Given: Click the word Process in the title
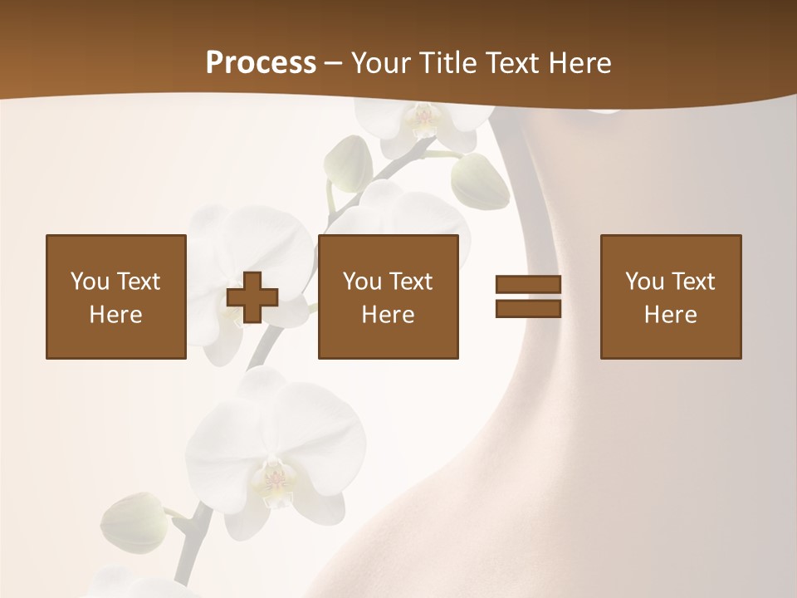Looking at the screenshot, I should point(261,63).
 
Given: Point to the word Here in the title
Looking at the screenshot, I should point(578,63).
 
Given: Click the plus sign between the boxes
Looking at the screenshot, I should point(252,297).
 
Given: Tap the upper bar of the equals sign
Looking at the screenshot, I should point(528,285).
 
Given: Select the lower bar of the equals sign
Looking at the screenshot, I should point(528,308).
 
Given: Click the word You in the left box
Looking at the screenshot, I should point(89,282).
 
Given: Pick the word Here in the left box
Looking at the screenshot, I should point(115,315).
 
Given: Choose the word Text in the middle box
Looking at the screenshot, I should point(411,282).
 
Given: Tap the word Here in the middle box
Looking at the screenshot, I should point(388,315).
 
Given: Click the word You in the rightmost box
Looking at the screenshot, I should point(644,282).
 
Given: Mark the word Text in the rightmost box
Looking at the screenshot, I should point(693,282).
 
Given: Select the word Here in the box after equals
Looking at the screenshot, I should point(670,315).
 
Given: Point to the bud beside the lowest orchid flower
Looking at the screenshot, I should point(133,523).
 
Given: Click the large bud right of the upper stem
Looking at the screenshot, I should point(480,181).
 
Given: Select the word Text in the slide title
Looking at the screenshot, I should point(510,63).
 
